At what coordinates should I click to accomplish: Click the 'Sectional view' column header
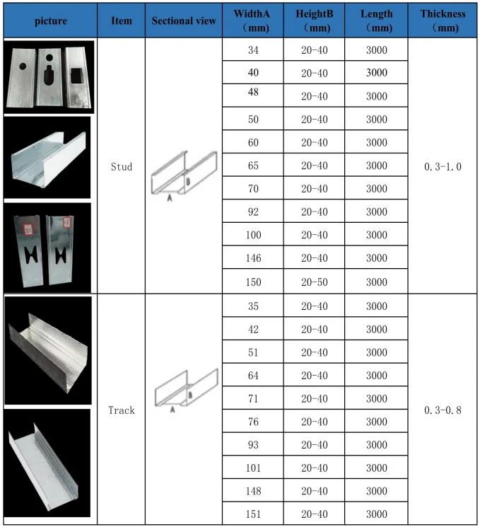(184, 21)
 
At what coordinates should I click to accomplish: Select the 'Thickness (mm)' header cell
(443, 21)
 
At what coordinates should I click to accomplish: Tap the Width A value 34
(254, 50)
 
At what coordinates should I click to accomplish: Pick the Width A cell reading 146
(254, 258)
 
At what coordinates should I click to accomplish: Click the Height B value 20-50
(315, 282)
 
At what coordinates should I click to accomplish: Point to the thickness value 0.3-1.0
(443, 167)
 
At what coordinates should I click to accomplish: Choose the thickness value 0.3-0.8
(443, 410)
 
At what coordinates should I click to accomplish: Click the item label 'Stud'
(122, 167)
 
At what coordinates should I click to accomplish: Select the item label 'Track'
(122, 410)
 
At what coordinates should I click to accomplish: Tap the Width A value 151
(254, 514)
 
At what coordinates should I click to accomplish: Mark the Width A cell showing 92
(254, 212)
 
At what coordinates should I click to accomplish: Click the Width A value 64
(254, 375)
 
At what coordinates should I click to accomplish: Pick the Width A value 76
(254, 422)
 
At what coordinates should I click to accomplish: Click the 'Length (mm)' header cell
(376, 21)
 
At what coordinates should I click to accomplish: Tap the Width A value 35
(254, 306)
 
